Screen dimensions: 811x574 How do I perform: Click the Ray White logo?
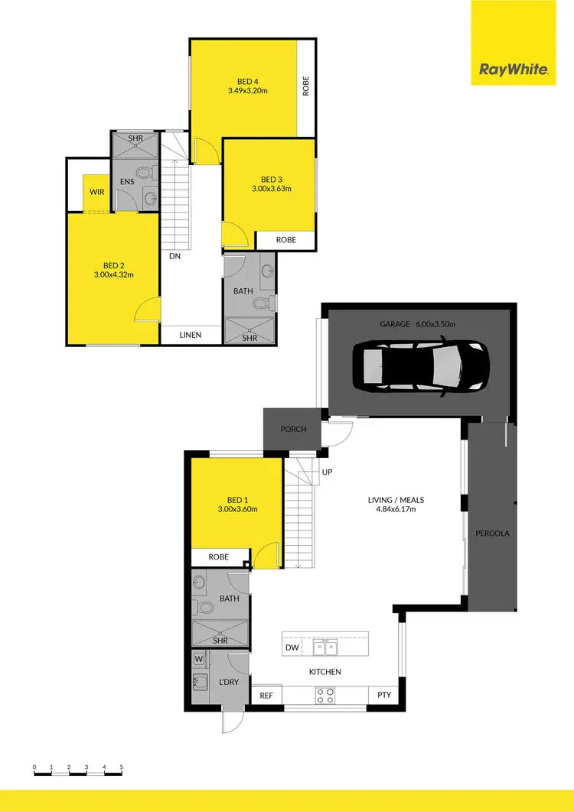point(514,70)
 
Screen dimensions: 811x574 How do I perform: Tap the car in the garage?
point(420,366)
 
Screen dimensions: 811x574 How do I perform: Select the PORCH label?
point(293,430)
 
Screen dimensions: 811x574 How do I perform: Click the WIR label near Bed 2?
point(96,192)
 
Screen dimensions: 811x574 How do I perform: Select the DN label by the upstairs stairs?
point(174,257)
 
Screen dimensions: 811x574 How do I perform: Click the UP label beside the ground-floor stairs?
point(327,472)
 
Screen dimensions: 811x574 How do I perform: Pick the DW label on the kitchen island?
point(292,647)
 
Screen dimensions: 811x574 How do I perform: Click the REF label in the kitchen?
point(266,696)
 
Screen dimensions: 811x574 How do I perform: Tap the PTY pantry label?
point(383,696)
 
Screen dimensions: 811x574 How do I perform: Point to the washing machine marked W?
point(198,658)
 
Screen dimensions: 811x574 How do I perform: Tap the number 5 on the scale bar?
point(121,767)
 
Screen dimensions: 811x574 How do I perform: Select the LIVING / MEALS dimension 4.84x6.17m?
point(395,511)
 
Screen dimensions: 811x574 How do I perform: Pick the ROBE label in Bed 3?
point(285,240)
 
